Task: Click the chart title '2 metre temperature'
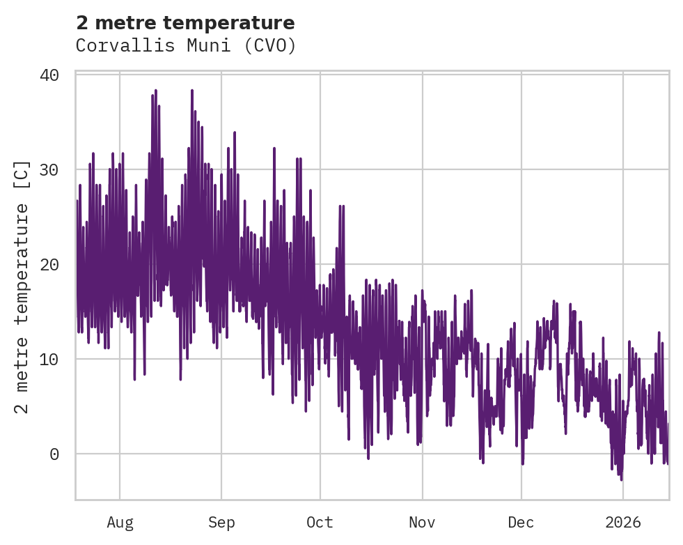click(185, 23)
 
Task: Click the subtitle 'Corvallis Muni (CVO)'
click(186, 46)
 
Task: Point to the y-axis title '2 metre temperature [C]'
click(23, 287)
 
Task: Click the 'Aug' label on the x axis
click(120, 523)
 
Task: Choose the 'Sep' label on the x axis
click(221, 523)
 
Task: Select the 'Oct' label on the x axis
click(320, 523)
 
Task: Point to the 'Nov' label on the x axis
click(422, 523)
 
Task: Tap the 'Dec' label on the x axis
click(521, 523)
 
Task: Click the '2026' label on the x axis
click(623, 523)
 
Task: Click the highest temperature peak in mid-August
click(156, 91)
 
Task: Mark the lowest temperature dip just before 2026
click(621, 479)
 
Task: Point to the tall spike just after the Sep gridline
click(235, 132)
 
